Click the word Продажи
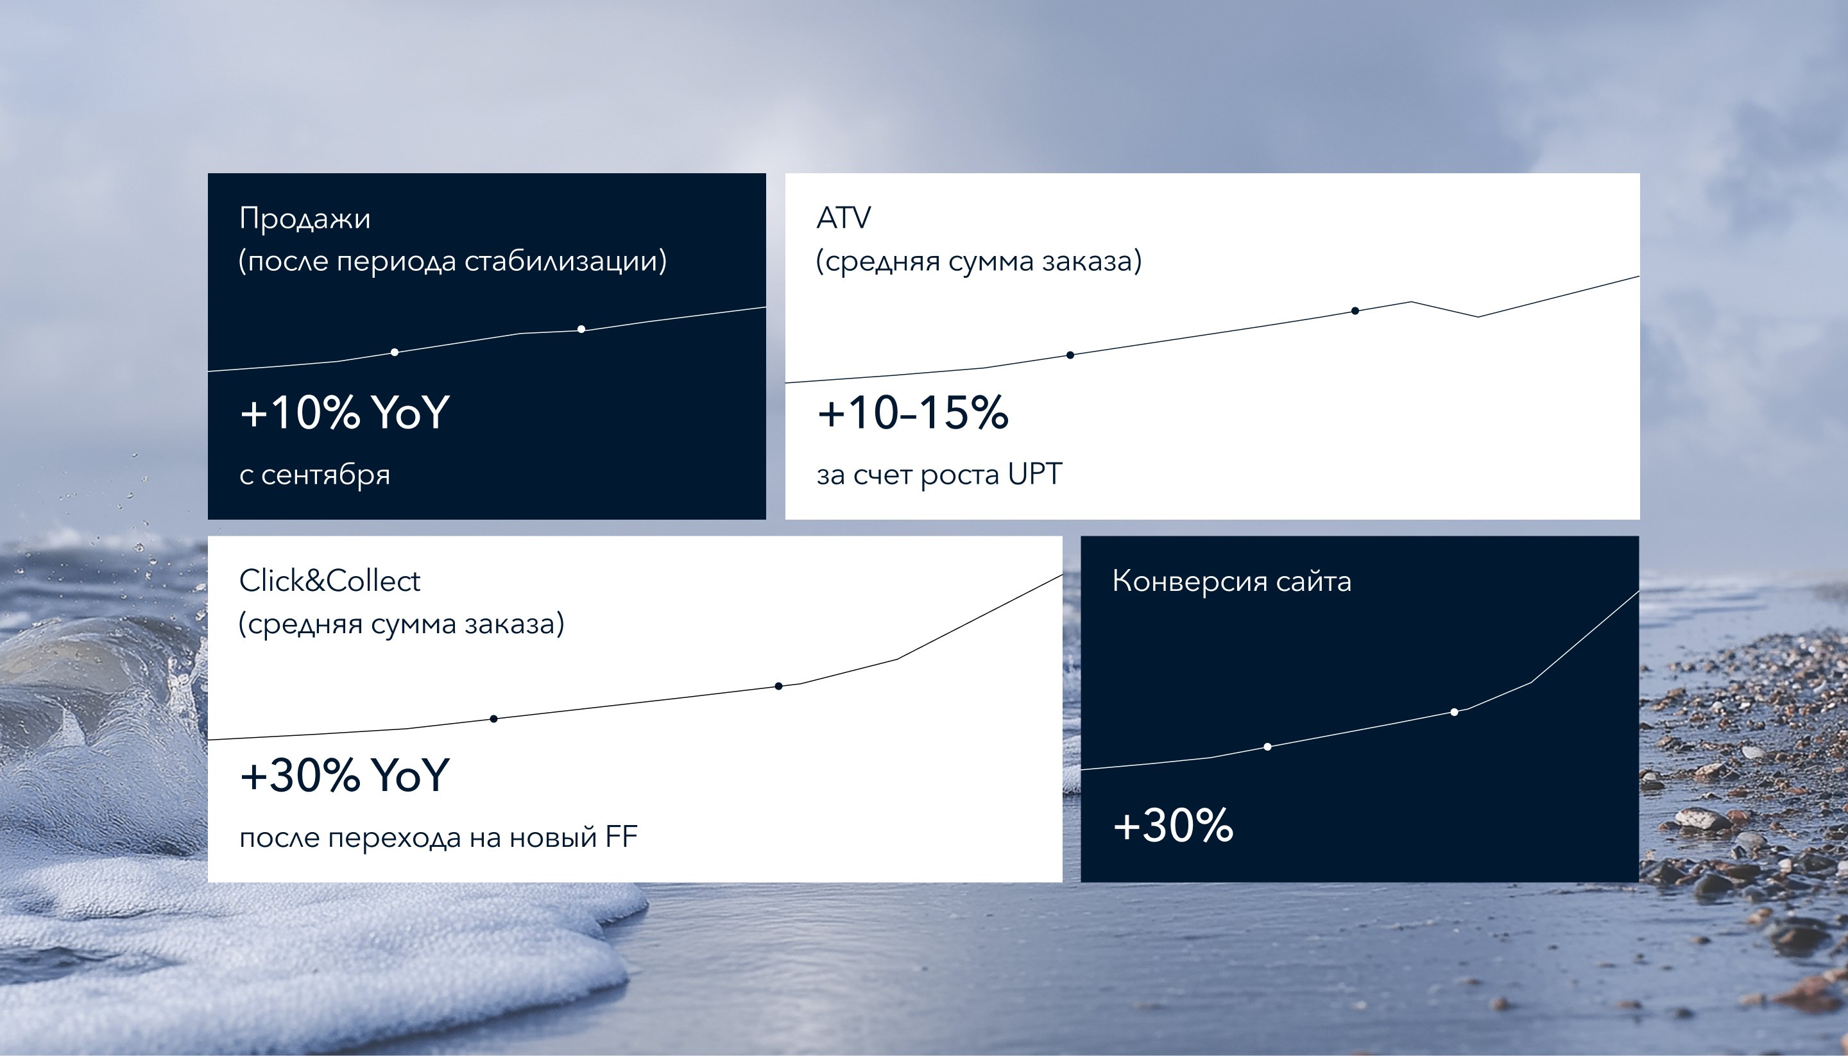(305, 219)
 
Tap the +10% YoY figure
(345, 412)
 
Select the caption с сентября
(315, 475)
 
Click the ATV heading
(844, 217)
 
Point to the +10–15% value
(912, 412)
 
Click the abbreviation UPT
(1035, 474)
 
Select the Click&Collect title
(329, 581)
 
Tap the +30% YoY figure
(345, 774)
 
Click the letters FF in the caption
(622, 837)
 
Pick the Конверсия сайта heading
(1231, 582)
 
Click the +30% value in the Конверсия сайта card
(1173, 826)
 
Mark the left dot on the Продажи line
(395, 352)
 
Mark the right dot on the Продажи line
(581, 329)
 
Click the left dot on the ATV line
(1070, 355)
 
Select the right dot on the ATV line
(1355, 311)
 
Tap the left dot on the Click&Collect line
(494, 719)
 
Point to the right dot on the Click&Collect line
(778, 686)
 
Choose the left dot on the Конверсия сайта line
(1267, 747)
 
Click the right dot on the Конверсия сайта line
(1454, 712)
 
